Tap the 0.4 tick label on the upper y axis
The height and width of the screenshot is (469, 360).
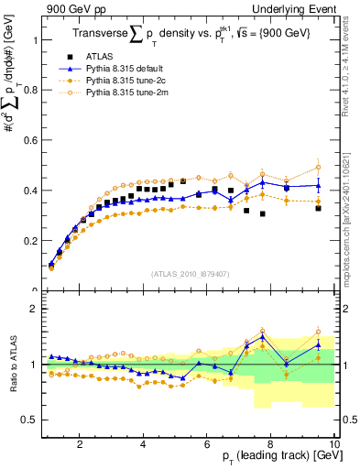click(x=30, y=191)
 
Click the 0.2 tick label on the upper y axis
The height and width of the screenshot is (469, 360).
click(x=30, y=241)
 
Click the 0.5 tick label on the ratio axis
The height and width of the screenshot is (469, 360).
click(x=30, y=420)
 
